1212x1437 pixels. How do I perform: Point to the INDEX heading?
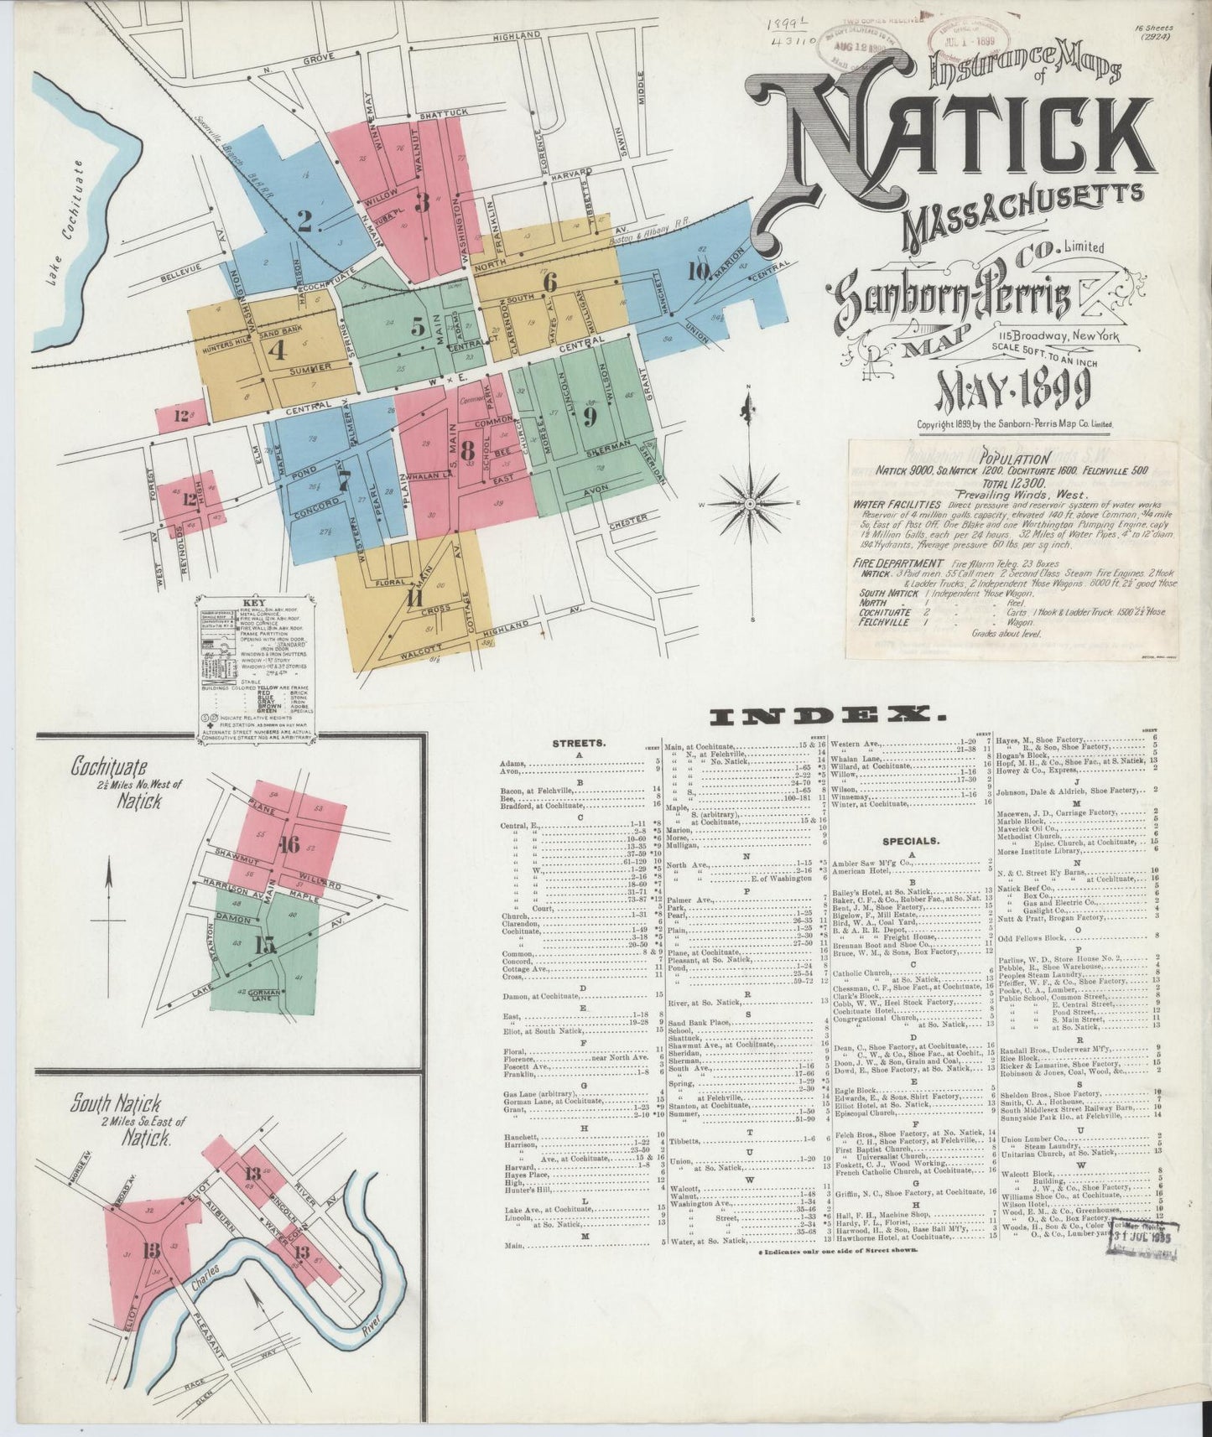[x=822, y=715]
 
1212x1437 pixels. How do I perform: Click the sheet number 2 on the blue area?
[x=304, y=220]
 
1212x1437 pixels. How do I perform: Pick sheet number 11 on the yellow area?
[x=414, y=599]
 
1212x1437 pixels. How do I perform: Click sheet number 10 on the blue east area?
[x=698, y=270]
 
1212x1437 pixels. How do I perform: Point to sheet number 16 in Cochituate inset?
[x=289, y=844]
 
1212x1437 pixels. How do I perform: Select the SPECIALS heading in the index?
[x=910, y=839]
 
